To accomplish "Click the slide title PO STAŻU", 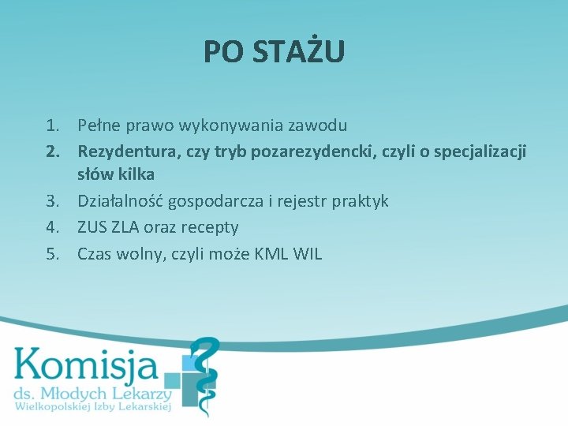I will (x=274, y=52).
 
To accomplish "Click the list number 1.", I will (x=52, y=125).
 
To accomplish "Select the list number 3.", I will (x=52, y=201).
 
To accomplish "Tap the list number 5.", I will (x=52, y=254).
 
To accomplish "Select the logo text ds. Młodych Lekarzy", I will (x=92, y=394).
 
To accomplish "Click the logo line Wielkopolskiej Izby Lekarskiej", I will (x=92, y=407).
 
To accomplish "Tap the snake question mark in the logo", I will (x=203, y=371).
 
